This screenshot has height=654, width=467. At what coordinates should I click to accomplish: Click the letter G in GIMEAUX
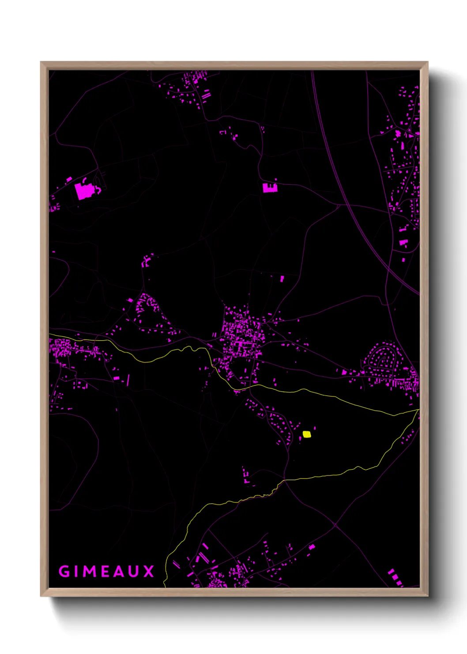64,571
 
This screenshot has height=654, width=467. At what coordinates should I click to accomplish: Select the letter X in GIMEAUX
148,571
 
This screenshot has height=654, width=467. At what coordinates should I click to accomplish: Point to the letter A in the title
118,571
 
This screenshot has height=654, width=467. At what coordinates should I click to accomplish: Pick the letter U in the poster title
133,571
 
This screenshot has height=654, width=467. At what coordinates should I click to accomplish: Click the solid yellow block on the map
307,434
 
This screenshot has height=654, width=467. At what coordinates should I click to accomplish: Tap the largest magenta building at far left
82,191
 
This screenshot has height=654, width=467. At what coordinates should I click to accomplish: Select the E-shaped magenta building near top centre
269,188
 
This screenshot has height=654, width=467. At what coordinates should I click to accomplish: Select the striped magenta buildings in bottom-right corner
395,578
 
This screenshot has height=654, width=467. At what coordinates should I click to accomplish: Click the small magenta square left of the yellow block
301,437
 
